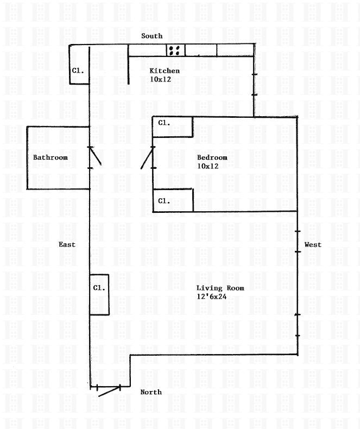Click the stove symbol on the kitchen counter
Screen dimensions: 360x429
175,50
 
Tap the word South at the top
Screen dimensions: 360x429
152,36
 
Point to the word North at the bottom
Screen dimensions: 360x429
151,392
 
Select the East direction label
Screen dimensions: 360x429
67,245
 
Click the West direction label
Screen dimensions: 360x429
313,245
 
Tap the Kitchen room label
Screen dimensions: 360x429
165,71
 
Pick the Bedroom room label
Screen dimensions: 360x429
212,158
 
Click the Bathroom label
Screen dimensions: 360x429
50,158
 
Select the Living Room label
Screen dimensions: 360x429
220,288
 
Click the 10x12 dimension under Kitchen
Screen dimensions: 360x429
161,79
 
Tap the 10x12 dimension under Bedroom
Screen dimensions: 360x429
207,166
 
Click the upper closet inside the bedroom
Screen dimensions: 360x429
173,127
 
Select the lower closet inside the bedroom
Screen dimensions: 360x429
173,200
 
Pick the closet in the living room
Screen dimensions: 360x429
99,294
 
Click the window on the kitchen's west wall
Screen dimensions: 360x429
254,85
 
